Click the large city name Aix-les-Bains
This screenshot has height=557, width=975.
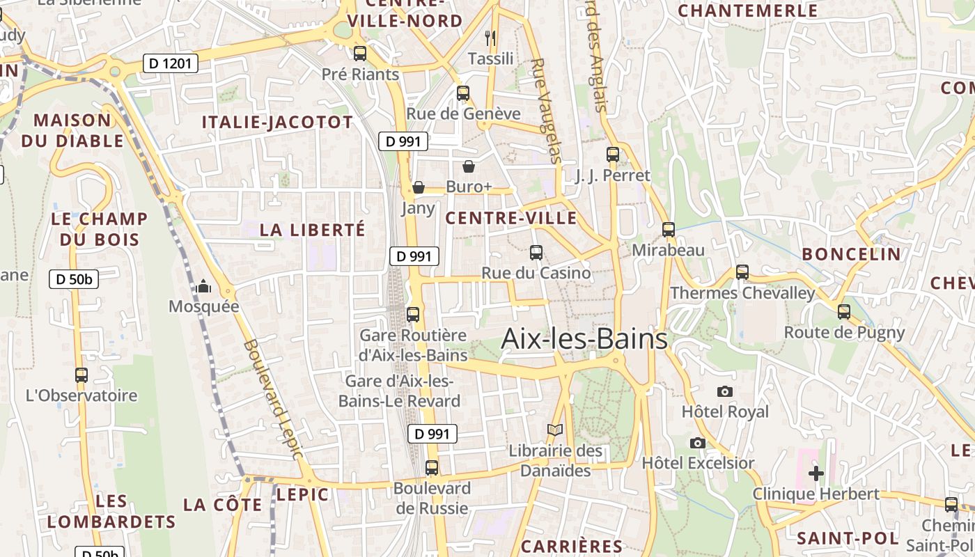pos(584,339)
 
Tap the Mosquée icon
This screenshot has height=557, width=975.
pos(203,286)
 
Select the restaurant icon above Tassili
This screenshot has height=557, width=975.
pos(490,38)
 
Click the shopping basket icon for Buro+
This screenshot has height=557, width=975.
pos(469,166)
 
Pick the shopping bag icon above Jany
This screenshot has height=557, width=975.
pos(419,187)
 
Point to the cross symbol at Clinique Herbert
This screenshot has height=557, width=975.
pos(816,473)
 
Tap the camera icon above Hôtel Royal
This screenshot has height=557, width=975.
pos(725,391)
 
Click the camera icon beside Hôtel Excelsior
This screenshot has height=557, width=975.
pos(697,443)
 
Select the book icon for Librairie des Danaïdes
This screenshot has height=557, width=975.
pos(554,430)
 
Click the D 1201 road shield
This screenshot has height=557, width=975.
pos(171,64)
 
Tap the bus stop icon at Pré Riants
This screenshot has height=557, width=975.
pos(360,53)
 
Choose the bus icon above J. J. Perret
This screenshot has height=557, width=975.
pos(613,155)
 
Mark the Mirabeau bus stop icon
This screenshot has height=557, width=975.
pos(669,229)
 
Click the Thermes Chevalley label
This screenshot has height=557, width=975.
pos(742,293)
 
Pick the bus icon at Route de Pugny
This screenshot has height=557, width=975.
pos(844,311)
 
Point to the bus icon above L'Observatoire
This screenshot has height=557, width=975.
pos(81,375)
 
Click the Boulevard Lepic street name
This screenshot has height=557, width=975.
pos(273,399)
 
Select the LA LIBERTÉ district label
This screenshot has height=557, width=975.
pos(312,230)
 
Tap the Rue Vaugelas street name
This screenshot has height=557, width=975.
pos(545,111)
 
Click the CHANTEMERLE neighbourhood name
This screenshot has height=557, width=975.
pos(747,11)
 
